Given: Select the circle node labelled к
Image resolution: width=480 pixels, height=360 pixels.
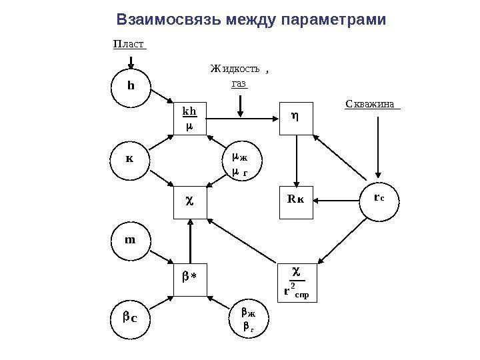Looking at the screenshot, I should click(x=131, y=160).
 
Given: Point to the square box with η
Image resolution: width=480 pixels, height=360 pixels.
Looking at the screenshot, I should click(x=296, y=118).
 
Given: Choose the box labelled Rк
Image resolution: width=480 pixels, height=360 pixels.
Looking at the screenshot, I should click(x=296, y=199).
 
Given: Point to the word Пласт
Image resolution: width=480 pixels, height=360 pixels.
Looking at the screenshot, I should click(x=128, y=44).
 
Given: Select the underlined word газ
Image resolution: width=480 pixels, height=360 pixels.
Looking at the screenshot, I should click(x=239, y=84).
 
